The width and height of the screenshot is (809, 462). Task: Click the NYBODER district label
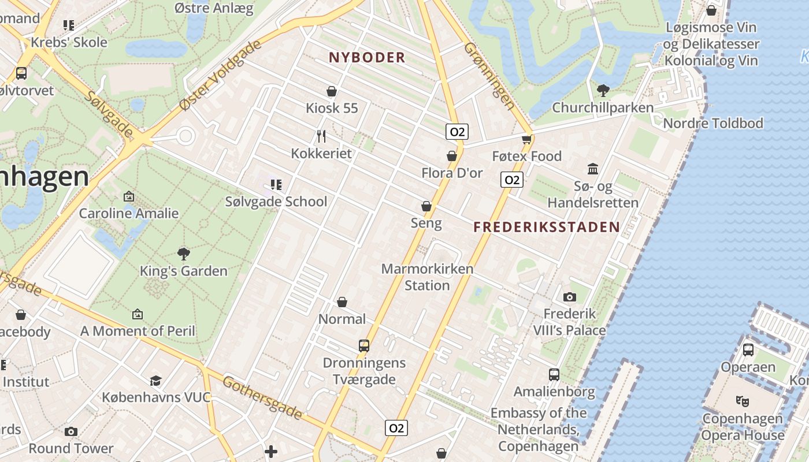367,57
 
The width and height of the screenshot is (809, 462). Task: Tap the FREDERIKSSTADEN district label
547,227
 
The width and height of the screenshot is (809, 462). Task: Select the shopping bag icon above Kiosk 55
332,91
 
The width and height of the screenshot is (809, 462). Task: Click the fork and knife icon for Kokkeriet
322,136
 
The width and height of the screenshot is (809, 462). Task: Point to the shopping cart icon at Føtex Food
526,139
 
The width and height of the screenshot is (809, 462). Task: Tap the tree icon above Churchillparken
603,90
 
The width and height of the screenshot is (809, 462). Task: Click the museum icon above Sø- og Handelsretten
593,169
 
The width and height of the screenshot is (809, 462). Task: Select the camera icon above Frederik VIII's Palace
570,297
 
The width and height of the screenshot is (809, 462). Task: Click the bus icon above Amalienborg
554,374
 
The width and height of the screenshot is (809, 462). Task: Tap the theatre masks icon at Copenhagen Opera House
743,400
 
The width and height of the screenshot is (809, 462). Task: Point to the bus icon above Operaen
748,349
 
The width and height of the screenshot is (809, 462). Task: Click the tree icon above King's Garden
184,254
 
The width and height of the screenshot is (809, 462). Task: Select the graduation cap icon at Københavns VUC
156,381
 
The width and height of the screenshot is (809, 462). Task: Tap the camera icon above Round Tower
71,431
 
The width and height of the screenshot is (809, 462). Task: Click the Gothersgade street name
262,398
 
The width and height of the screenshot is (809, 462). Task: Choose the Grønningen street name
489,76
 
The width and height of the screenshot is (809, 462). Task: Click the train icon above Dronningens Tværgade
364,346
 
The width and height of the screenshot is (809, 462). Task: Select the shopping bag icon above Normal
342,302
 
